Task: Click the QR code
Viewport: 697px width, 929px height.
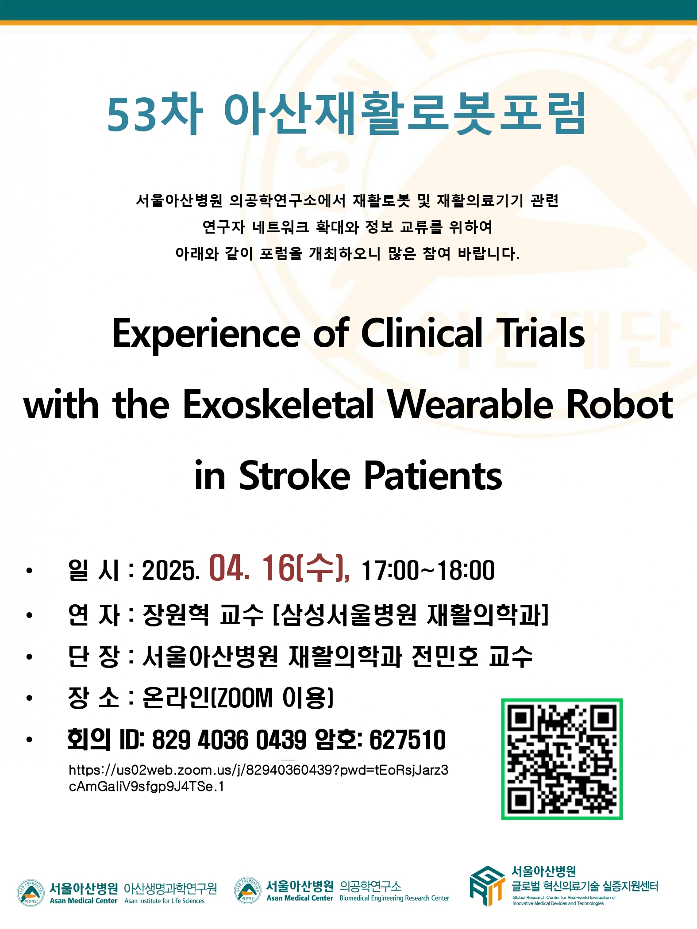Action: point(562,759)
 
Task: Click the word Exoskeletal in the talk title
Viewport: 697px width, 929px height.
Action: point(278,404)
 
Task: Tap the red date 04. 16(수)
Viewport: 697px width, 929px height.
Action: point(280,568)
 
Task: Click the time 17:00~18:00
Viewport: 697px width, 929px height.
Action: point(428,570)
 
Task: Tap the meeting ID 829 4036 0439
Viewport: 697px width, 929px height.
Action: point(229,740)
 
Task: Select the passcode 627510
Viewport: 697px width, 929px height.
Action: point(408,740)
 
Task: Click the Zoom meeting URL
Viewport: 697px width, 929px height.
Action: point(258,778)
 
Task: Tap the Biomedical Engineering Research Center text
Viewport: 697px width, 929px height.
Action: point(394,898)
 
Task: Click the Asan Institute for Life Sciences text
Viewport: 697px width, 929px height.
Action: point(164,901)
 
